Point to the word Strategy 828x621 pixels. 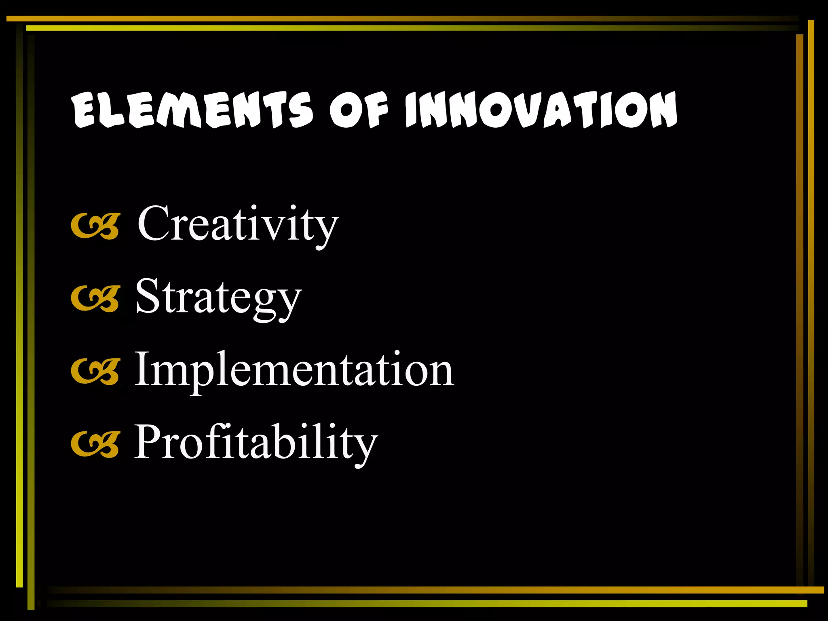(x=218, y=297)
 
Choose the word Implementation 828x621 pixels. (x=294, y=370)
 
